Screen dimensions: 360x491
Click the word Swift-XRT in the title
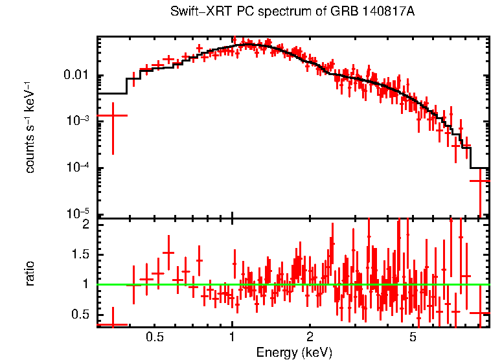194,12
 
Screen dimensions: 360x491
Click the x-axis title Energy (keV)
294,352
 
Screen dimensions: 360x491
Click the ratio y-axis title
30,274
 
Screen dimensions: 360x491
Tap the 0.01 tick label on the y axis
77,76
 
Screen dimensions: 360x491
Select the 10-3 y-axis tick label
78,121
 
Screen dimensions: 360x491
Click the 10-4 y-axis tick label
78,168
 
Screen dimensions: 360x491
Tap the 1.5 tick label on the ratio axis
79,254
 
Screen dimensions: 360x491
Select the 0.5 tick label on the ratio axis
79,314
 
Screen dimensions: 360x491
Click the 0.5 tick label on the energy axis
154,337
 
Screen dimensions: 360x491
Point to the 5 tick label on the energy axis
413,337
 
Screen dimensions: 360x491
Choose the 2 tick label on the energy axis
310,337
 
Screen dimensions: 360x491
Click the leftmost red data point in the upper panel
113,115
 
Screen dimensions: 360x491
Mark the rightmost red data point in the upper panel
480,181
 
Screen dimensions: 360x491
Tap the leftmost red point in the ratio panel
113,324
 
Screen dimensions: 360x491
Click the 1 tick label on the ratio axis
85,284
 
